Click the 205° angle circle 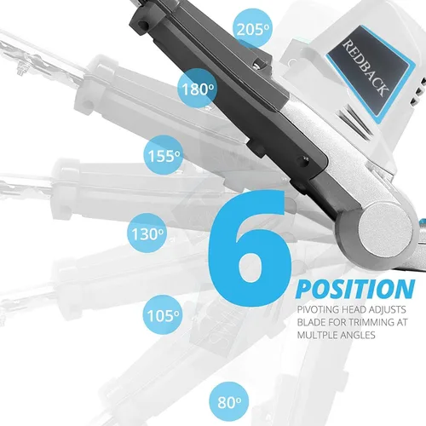(x=252, y=28)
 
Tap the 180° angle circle (x=197, y=89)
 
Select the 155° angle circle (x=164, y=155)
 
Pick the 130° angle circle (x=147, y=233)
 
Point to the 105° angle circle (x=163, y=314)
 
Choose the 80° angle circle (x=229, y=401)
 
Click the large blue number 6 (x=250, y=248)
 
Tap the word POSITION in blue (x=355, y=289)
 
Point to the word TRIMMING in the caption (x=369, y=322)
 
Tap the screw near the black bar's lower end (x=306, y=158)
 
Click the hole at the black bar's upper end (x=143, y=25)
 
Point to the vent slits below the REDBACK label (x=356, y=121)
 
